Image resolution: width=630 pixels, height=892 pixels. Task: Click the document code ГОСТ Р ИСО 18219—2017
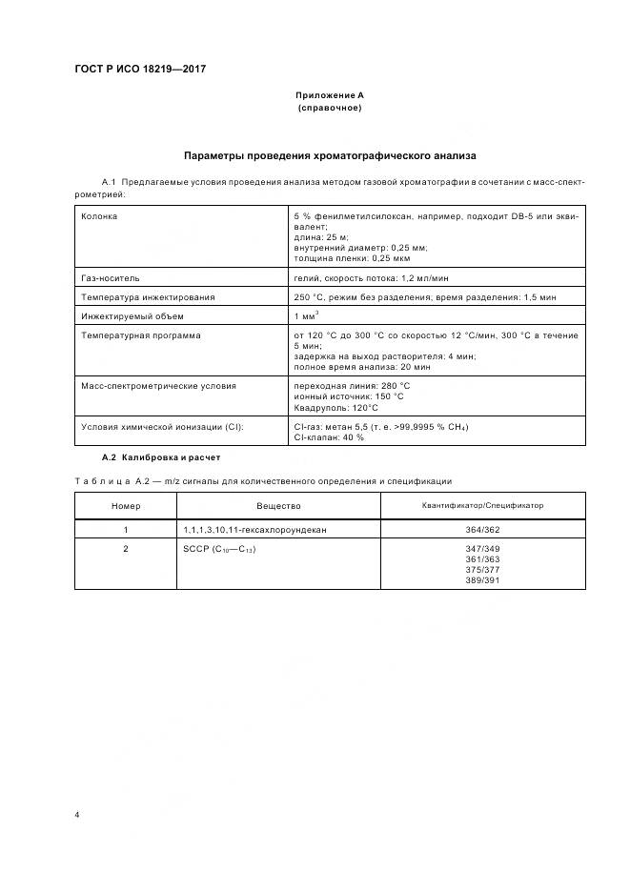[139, 70]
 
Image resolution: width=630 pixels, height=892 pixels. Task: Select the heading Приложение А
[330, 95]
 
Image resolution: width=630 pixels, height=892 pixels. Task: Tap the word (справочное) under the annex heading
[330, 108]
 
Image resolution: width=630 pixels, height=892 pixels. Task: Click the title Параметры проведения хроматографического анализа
[330, 154]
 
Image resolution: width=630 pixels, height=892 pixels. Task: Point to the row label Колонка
[100, 215]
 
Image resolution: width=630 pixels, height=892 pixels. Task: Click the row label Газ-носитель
[111, 278]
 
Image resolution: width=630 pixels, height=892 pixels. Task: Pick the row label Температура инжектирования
[148, 297]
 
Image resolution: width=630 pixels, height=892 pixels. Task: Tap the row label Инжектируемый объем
[132, 316]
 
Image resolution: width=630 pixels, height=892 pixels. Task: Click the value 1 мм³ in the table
[307, 315]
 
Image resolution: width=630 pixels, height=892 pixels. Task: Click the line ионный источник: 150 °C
[349, 395]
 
